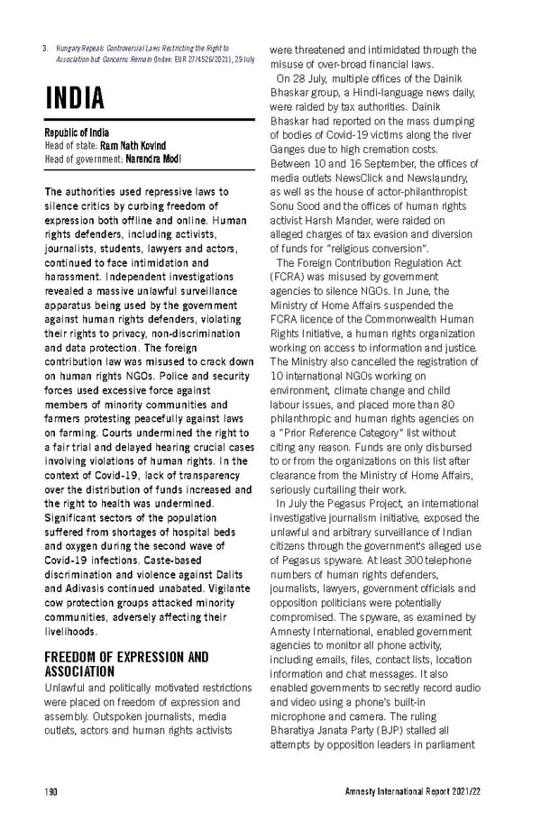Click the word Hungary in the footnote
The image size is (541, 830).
tap(72, 47)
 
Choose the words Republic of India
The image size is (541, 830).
tap(77, 132)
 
